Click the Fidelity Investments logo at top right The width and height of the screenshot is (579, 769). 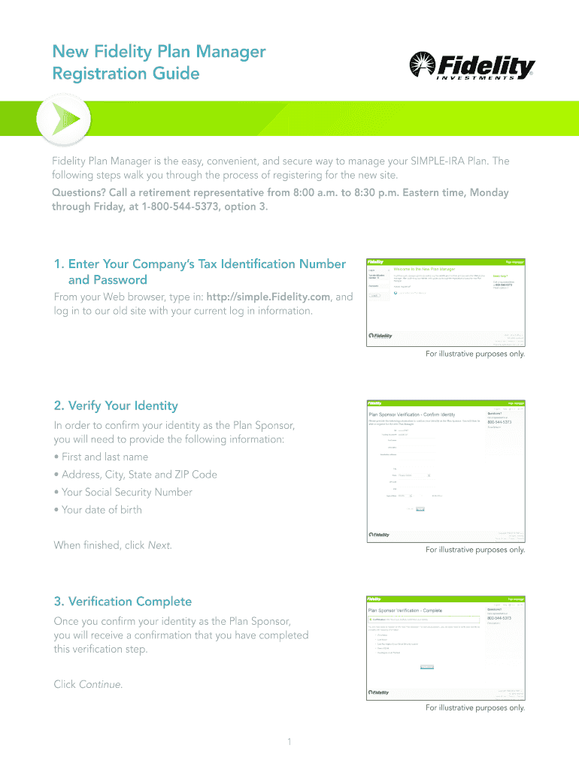471,68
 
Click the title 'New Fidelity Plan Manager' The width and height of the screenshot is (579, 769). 159,52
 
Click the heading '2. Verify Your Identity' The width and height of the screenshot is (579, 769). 116,406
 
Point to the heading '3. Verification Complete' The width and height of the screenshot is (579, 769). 123,602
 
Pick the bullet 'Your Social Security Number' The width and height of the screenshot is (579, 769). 123,492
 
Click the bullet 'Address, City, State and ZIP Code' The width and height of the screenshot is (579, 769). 135,475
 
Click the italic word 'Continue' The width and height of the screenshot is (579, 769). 100,684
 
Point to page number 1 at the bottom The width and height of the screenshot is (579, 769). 289,743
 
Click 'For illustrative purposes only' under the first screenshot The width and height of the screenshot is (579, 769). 475,354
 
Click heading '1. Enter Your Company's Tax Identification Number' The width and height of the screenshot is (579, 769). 199,264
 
